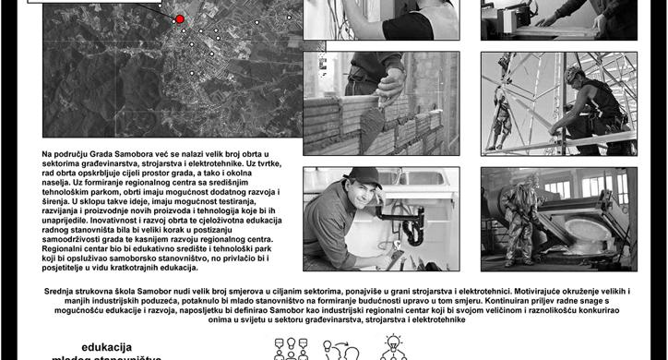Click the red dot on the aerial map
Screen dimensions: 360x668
(x=180, y=18)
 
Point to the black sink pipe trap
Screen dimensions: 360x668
(x=412, y=226)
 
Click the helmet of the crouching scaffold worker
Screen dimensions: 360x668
(x=574, y=73)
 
